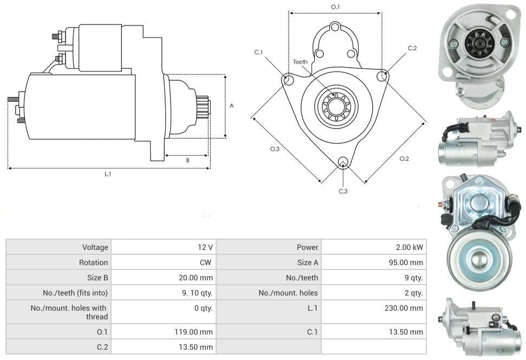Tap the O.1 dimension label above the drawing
pyautogui.click(x=335, y=7)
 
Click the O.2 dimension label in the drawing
pyautogui.click(x=404, y=159)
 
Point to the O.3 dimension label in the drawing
pyautogui.click(x=275, y=149)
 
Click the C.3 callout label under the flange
pyautogui.click(x=343, y=191)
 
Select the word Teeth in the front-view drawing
pyautogui.click(x=300, y=62)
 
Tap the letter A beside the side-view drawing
pyautogui.click(x=231, y=106)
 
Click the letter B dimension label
pyautogui.click(x=187, y=160)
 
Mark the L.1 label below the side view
pyautogui.click(x=108, y=173)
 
